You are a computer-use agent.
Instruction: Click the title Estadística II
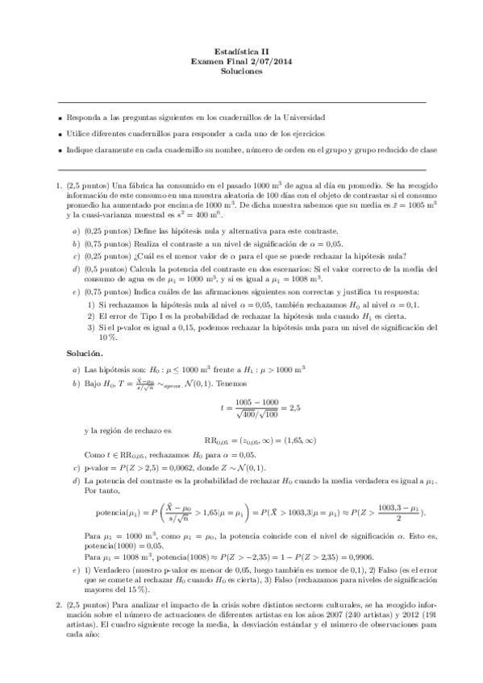pos(241,51)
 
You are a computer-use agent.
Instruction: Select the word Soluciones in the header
pos(241,71)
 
